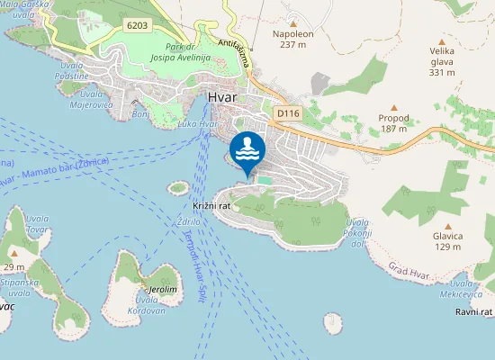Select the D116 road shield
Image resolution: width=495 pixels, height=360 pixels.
[287, 113]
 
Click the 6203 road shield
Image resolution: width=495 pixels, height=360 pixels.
[138, 24]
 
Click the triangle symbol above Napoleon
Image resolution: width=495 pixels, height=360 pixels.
[293, 22]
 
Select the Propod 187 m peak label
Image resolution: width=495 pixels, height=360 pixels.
[393, 123]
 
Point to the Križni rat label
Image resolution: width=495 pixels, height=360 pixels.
[211, 206]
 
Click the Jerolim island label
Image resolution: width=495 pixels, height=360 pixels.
[162, 290]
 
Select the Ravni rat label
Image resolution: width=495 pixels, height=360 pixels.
[474, 311]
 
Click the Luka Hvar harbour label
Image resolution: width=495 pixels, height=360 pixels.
[198, 123]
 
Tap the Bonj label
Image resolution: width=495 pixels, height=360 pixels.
[140, 114]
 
